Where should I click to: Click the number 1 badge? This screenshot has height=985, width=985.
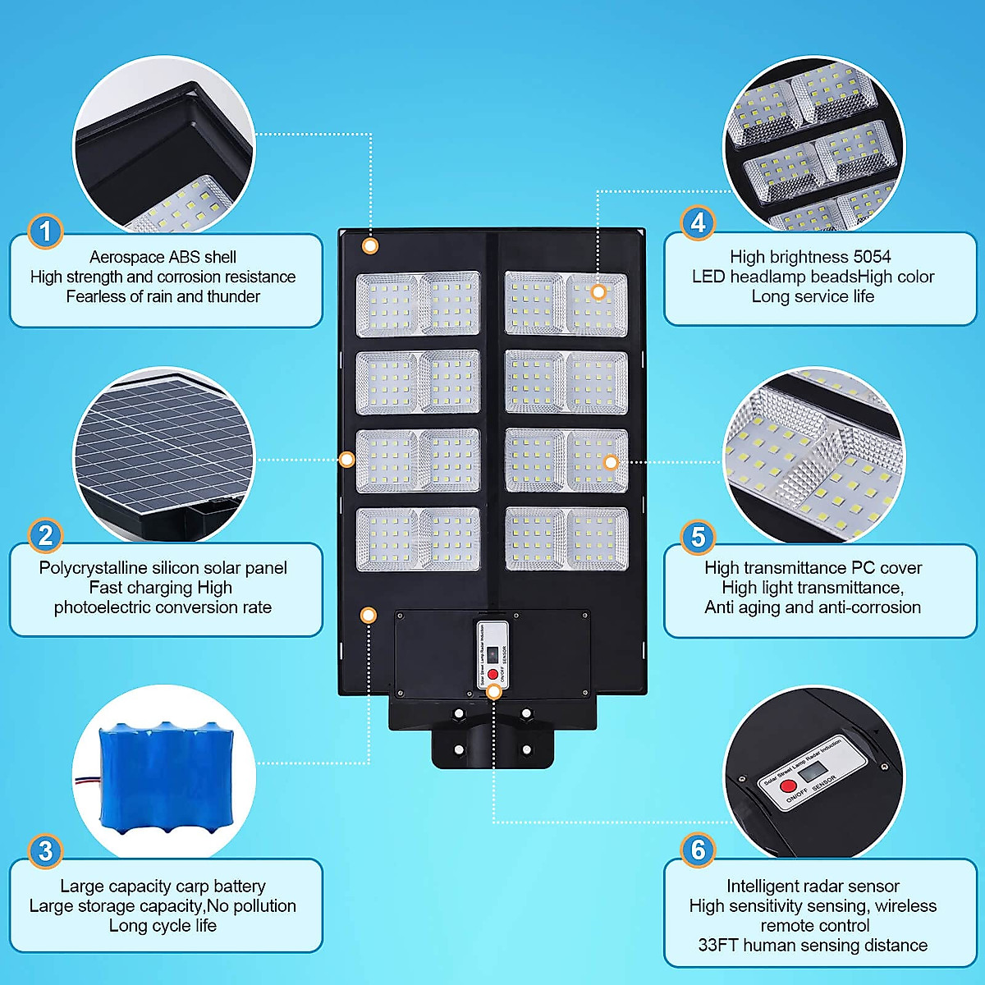[45, 231]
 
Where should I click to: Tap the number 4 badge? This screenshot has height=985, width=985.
[698, 222]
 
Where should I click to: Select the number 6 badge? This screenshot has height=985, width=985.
[698, 850]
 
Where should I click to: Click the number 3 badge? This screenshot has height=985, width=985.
[45, 851]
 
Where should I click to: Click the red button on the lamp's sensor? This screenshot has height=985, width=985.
[492, 674]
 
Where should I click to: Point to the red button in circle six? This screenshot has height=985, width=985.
[788, 786]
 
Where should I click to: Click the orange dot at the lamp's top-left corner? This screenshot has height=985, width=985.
[370, 245]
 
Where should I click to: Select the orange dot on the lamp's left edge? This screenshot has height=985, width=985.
[346, 460]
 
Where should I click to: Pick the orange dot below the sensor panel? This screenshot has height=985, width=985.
[493, 692]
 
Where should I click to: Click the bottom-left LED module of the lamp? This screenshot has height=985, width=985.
[418, 539]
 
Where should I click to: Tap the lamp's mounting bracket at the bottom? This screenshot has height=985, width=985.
[492, 743]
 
